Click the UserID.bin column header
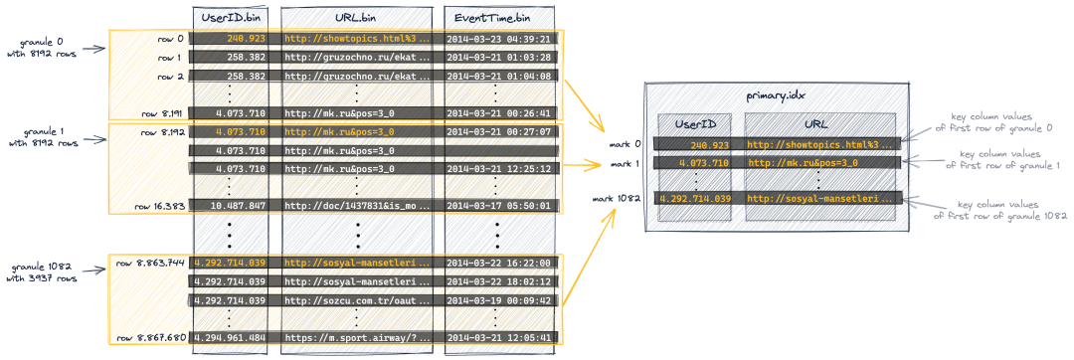click(230, 16)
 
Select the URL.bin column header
click(356, 16)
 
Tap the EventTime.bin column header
click(497, 16)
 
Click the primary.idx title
click(776, 96)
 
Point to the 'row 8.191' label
click(162, 113)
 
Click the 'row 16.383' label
click(160, 205)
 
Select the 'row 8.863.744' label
click(150, 263)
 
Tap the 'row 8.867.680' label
click(150, 337)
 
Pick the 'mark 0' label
click(626, 144)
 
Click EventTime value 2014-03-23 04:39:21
click(498, 39)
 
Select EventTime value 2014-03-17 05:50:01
click(498, 205)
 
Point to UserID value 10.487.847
click(240, 205)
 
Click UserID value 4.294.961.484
click(230, 337)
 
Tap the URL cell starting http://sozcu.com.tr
click(358, 299)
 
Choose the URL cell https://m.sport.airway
click(358, 337)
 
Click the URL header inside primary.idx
click(819, 124)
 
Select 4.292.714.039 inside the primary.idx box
click(694, 199)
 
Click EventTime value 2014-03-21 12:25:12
click(498, 168)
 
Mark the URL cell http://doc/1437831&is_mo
click(358, 205)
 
